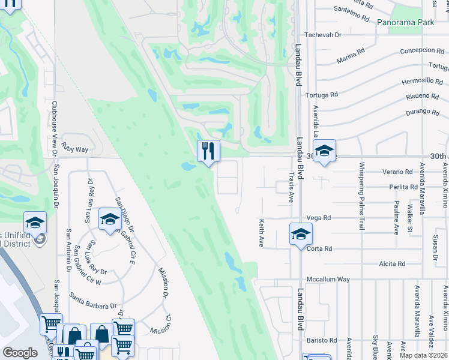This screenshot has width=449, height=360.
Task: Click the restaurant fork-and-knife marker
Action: (x=208, y=151)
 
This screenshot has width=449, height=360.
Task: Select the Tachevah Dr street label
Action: (x=323, y=35)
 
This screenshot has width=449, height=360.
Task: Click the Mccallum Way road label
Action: (x=328, y=279)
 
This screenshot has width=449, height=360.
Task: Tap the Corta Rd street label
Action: (x=319, y=248)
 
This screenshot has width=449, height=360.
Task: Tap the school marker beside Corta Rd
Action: (x=301, y=234)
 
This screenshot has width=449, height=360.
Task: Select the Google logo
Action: (x=20, y=353)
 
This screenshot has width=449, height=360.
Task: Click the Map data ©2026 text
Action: (x=424, y=355)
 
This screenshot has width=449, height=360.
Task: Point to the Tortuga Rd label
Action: (x=322, y=95)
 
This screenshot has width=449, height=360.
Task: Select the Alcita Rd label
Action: (x=392, y=263)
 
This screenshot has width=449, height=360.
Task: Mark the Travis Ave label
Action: (x=291, y=188)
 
